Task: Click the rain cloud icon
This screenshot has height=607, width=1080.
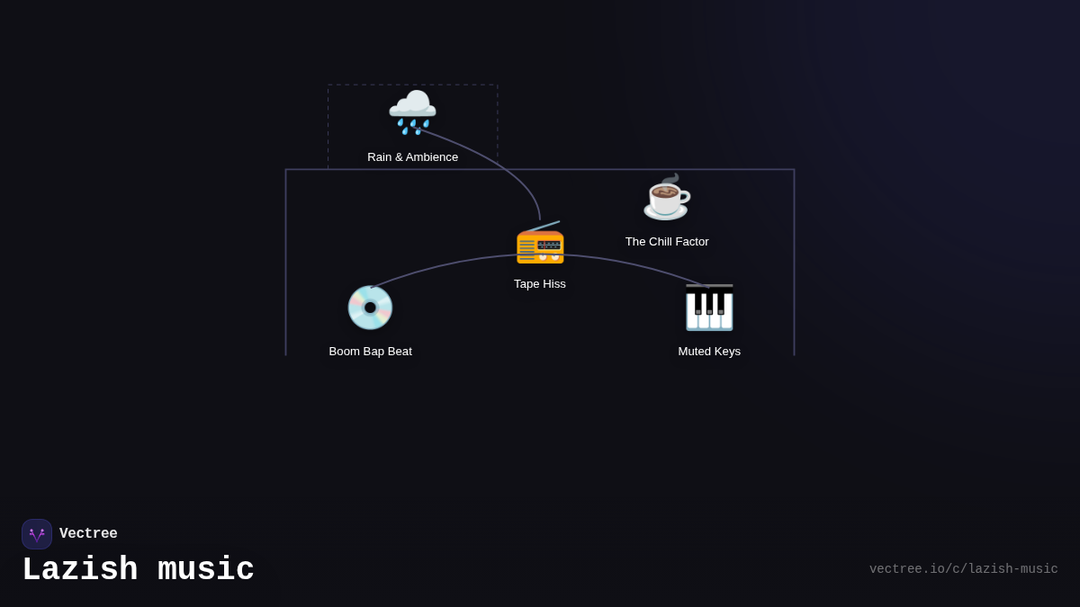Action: (x=412, y=112)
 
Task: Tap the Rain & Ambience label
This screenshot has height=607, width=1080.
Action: (x=412, y=157)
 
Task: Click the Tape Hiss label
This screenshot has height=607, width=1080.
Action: (x=540, y=284)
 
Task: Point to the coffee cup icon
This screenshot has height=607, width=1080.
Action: (x=666, y=198)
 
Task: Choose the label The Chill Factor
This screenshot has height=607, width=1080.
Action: (x=667, y=242)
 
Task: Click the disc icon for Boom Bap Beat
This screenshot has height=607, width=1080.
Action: (x=370, y=308)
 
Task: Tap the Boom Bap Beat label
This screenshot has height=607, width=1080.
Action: (x=370, y=352)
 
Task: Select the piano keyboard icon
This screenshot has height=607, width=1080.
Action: (x=709, y=308)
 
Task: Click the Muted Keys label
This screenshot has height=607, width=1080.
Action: (x=709, y=352)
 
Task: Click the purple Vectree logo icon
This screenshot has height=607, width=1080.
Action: (x=37, y=534)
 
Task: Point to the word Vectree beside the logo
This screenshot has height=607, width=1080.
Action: (x=88, y=534)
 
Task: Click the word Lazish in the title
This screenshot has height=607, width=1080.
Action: (x=80, y=570)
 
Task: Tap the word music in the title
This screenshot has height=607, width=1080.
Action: (x=206, y=570)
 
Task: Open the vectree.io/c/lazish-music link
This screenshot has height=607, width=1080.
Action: (x=963, y=569)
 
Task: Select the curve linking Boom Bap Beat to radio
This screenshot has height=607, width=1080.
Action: (x=441, y=265)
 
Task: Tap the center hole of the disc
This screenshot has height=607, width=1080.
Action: (x=370, y=308)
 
